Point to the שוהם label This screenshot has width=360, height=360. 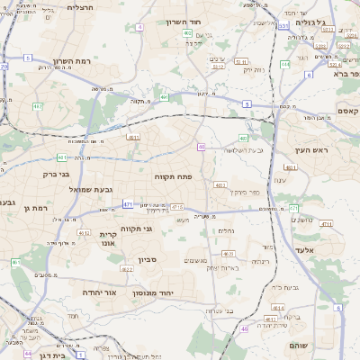pyautogui.click(x=301, y=346)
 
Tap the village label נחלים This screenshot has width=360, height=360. pyautogui.click(x=227, y=231)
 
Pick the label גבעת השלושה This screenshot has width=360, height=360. pyautogui.click(x=244, y=149)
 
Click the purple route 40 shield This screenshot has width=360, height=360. pyautogui.click(x=202, y=147)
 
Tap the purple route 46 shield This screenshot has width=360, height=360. pyautogui.click(x=244, y=329)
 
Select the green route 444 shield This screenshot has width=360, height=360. pyautogui.click(x=285, y=65)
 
